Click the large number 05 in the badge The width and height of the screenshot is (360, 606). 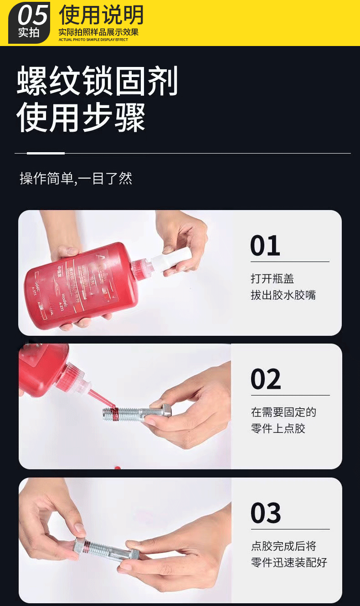coord(33,15)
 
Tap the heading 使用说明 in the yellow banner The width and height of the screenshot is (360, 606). coord(101,15)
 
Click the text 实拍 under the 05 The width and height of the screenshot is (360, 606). coord(28,33)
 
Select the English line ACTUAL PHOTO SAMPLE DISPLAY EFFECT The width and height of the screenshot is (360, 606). coord(93,40)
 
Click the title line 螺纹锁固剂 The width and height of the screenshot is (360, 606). coord(97,81)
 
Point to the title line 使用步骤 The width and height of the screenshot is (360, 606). coord(81,117)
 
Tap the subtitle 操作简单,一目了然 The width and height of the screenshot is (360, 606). coord(76,178)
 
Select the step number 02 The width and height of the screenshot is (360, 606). coord(266,379)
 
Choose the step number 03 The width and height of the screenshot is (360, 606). coord(266,513)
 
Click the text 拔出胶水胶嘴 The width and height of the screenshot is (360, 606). coord(283,295)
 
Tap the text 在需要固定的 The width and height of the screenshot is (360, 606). coord(283,412)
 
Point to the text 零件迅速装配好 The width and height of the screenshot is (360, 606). coord(289,562)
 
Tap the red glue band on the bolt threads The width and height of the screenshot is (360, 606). coord(116,413)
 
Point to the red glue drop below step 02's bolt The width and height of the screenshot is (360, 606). coord(117,467)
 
